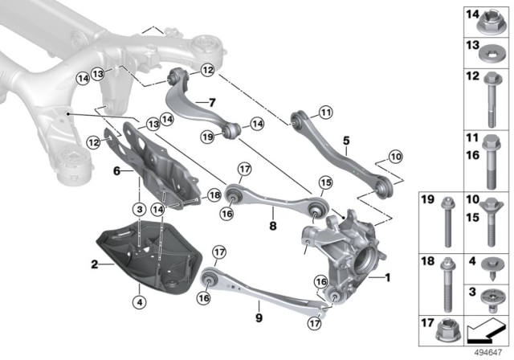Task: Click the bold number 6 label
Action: pyautogui.click(x=116, y=171)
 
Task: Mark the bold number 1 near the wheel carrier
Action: pyautogui.click(x=390, y=279)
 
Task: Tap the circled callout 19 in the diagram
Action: pyautogui.click(x=207, y=137)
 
